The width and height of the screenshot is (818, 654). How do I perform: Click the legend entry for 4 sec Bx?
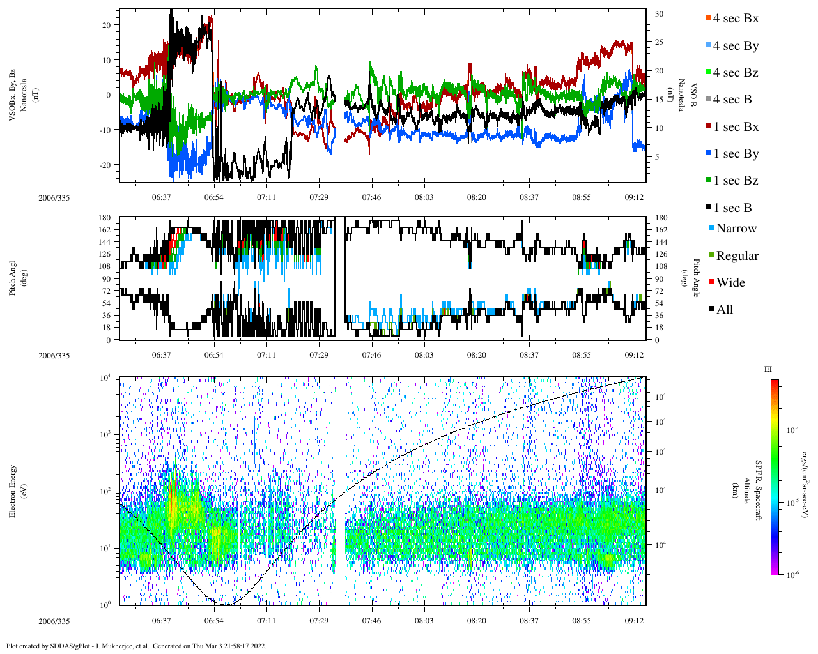tap(736, 19)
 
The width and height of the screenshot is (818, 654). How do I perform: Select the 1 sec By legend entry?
tap(736, 154)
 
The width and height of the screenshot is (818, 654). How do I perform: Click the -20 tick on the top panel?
tap(104, 165)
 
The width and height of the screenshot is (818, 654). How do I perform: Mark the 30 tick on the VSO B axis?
tap(659, 14)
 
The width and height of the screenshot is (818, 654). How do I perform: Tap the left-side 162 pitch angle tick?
tap(105, 230)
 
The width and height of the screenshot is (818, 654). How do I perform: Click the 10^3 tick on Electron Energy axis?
tap(105, 434)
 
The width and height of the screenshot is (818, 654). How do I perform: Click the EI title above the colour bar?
tap(769, 369)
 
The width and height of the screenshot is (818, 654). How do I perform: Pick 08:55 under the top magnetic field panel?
tap(582, 197)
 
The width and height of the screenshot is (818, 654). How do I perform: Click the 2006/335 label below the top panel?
tap(54, 197)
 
